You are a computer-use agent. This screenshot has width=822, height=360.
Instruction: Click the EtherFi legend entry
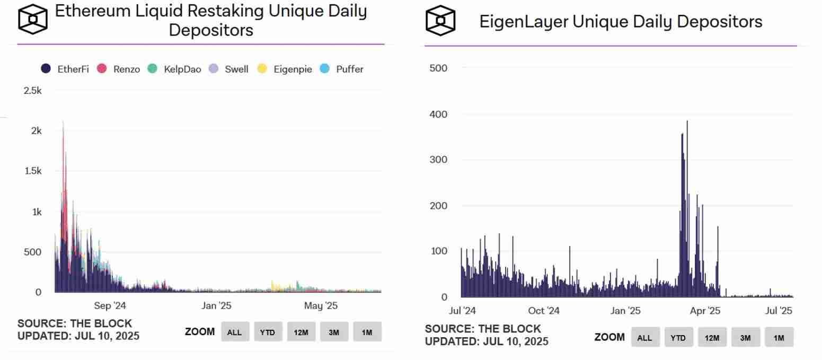(65, 69)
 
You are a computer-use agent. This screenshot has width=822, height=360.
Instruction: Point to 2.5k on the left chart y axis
(32, 91)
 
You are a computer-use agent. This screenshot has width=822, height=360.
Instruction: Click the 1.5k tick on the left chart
(32, 171)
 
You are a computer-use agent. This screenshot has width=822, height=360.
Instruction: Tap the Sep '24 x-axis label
(110, 306)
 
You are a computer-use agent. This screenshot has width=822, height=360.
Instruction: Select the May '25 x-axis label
(321, 306)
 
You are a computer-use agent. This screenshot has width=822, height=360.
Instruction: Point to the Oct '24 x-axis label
(544, 311)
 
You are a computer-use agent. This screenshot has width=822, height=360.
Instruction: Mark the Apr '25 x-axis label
(705, 311)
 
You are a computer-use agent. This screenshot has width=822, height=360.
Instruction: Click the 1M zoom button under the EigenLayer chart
(779, 337)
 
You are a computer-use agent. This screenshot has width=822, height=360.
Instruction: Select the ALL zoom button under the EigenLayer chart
(645, 337)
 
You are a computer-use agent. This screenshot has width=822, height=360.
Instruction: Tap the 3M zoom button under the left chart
(334, 332)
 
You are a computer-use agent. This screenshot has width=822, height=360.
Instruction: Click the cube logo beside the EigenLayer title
(440, 21)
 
